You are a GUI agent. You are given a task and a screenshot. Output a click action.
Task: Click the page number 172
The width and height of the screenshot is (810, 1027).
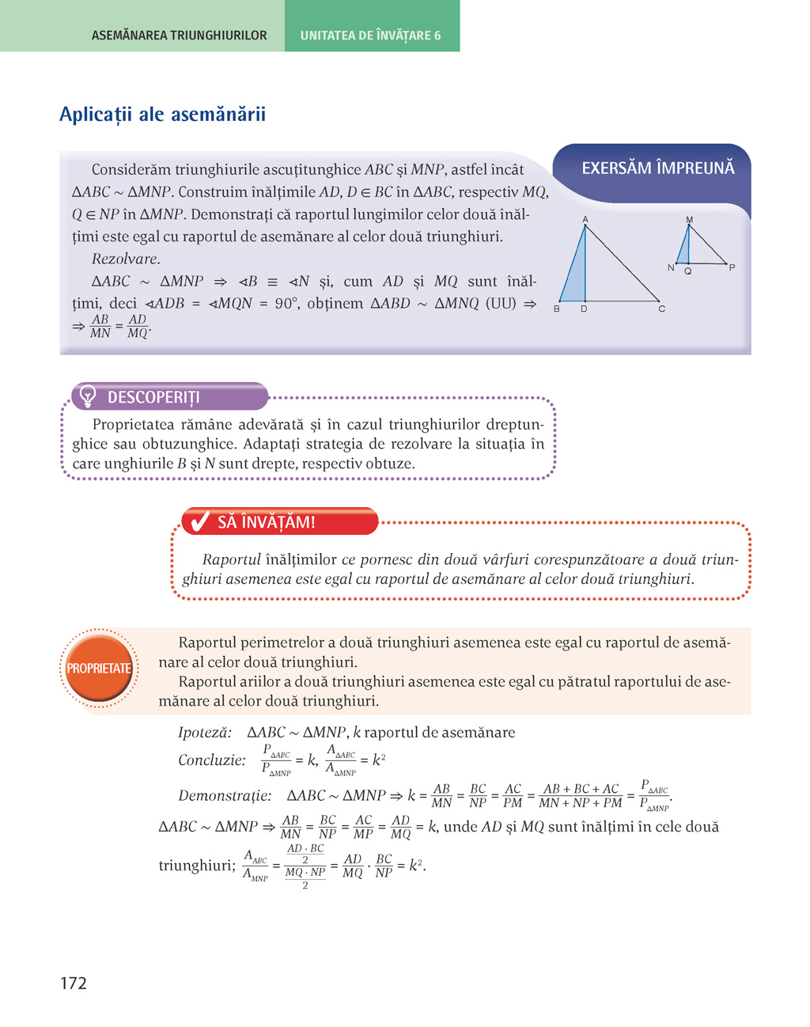[x=73, y=983]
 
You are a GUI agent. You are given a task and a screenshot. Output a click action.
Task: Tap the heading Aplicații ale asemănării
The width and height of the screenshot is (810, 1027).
[x=162, y=115]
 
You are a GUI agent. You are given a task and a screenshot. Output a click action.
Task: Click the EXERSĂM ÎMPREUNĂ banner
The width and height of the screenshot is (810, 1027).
[x=657, y=168]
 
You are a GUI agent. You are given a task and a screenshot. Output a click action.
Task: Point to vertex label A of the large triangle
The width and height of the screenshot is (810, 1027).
[x=585, y=219]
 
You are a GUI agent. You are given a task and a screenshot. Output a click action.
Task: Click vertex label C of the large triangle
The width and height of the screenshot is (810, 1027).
[x=661, y=309]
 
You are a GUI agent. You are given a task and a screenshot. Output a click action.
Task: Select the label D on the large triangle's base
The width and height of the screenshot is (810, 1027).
[x=584, y=309]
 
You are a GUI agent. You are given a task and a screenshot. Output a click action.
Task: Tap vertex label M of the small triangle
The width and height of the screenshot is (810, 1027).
[x=689, y=220]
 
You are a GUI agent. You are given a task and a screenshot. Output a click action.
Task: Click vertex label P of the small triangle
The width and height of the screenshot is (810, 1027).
[x=732, y=267]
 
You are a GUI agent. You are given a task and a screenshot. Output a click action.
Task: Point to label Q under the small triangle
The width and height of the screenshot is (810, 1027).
[x=688, y=271]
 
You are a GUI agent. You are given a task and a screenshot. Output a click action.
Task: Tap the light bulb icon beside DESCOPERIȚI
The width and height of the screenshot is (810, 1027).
[x=88, y=396]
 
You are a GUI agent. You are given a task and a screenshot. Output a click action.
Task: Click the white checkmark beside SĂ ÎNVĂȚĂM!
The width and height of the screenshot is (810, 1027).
[x=200, y=521]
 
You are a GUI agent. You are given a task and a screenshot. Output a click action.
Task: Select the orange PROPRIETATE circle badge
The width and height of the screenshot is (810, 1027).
[x=99, y=669]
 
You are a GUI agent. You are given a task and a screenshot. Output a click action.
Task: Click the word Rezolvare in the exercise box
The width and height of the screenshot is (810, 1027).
[x=126, y=259]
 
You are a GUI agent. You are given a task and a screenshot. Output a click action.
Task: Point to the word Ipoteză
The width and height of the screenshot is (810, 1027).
[x=205, y=733]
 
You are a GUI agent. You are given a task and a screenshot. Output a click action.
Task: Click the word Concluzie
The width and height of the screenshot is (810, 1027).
[x=212, y=760]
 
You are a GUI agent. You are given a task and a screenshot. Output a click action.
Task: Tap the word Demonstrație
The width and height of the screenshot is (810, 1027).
[x=225, y=795]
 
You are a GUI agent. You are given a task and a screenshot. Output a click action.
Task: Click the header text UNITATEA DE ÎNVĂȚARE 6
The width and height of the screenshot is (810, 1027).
[x=370, y=36]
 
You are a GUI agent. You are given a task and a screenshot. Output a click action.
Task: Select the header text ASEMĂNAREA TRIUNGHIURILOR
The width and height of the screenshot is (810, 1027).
[x=179, y=36]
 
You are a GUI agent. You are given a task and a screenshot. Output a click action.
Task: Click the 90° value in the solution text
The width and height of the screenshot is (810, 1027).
[x=286, y=303]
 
